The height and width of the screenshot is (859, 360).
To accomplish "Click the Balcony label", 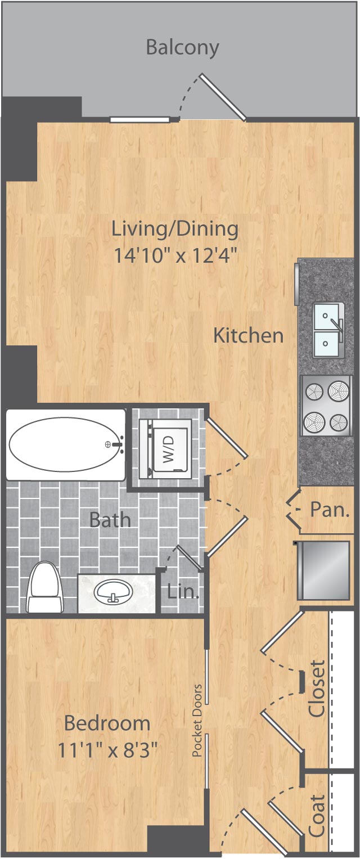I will [182, 47].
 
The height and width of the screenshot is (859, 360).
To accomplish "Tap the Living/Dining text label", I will [175, 229].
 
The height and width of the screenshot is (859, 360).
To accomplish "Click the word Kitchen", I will [248, 336].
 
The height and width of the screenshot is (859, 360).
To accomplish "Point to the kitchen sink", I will [328, 330].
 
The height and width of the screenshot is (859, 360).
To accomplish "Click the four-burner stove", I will [327, 405].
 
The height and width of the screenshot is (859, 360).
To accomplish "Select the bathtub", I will [65, 444].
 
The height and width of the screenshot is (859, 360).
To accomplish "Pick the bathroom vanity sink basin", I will [114, 592].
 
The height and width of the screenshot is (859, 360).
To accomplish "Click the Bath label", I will [110, 519].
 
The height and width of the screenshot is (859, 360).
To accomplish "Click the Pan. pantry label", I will [330, 510].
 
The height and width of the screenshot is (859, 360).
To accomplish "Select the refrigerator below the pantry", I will [323, 570].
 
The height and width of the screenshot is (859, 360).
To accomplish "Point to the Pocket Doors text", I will [197, 720].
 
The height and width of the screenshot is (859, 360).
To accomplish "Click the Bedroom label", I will [107, 723].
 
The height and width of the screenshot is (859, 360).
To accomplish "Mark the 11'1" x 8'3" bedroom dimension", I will [107, 750].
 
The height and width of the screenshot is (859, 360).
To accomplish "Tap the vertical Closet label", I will [317, 689].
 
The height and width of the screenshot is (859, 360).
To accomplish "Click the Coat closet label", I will [317, 816].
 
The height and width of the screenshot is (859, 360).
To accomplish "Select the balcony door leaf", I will [223, 97].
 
